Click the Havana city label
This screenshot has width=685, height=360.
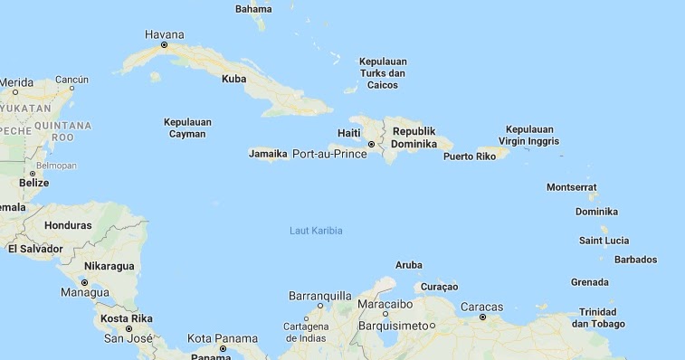[164, 34]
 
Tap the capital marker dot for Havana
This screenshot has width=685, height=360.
[164, 44]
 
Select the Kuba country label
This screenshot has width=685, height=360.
[233, 79]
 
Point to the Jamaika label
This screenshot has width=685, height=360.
[268, 154]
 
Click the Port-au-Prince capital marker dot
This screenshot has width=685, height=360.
[371, 144]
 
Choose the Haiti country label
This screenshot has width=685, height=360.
[348, 133]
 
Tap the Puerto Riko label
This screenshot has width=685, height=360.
[470, 156]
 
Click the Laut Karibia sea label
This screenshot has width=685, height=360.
[316, 231]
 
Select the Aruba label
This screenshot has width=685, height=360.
[409, 265]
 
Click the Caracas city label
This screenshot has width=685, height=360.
[481, 307]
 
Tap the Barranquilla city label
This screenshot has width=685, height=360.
[319, 296]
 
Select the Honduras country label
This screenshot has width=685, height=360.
[68, 225]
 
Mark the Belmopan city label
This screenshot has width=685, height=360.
[56, 166]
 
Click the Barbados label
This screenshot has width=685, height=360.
[635, 260]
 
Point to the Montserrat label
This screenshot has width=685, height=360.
[572, 187]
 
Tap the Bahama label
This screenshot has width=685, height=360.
[253, 9]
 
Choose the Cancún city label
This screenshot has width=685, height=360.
[71, 80]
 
